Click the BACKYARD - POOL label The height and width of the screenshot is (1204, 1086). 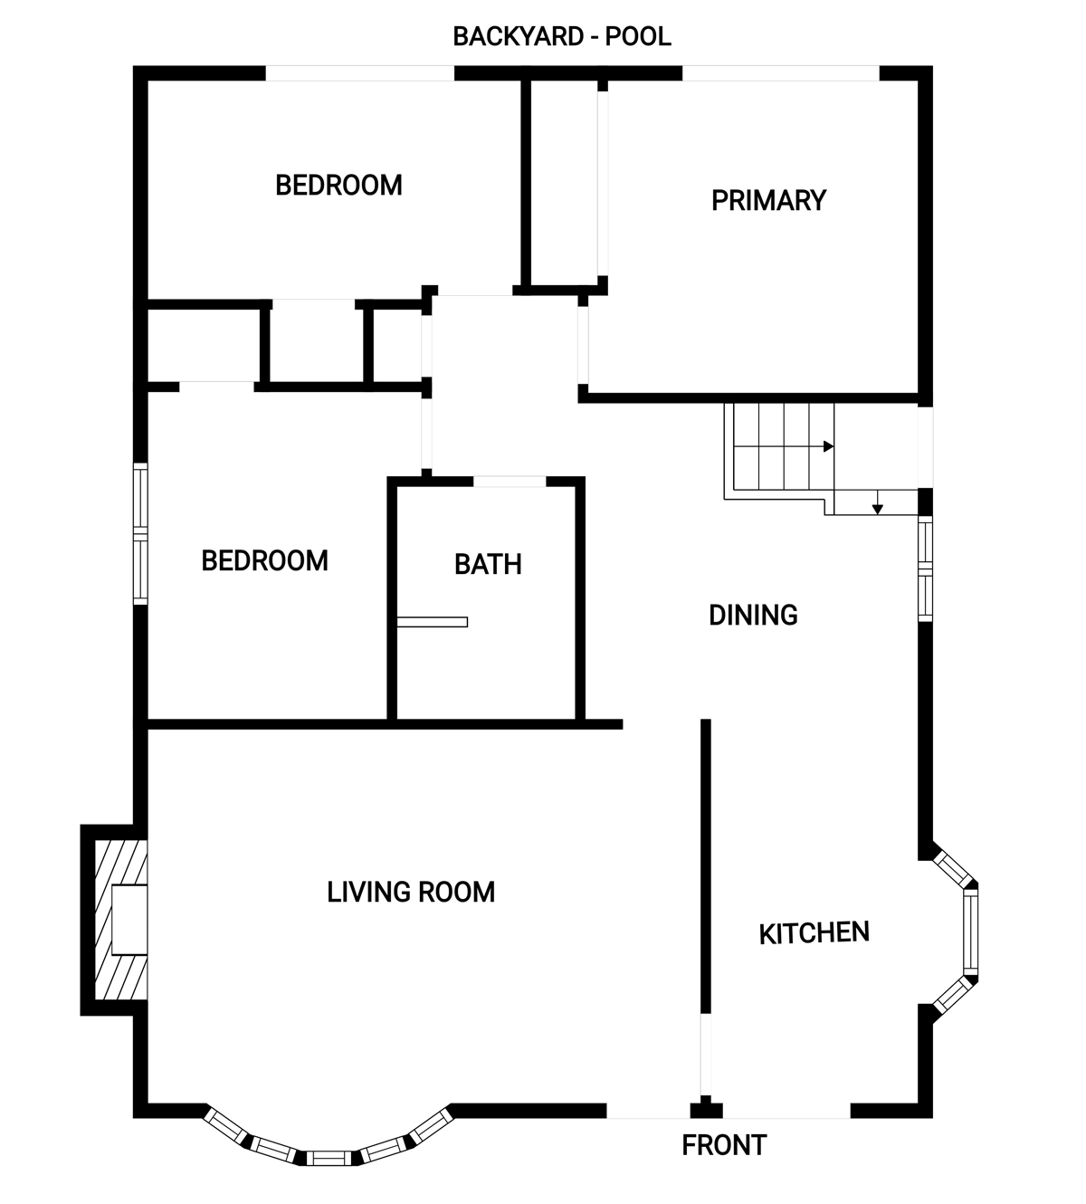coord(562,36)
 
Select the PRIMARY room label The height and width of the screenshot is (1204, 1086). coord(768,200)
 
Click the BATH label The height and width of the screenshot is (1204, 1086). coord(488,565)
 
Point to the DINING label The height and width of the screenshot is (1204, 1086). coord(753,616)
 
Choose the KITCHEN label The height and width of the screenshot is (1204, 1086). coord(814,933)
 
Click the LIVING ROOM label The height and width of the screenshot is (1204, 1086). coord(411,892)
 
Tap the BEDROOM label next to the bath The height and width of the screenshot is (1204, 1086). coord(264,561)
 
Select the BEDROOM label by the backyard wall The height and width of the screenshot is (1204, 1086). coord(339,186)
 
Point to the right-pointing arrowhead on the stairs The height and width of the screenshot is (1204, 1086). coord(828,446)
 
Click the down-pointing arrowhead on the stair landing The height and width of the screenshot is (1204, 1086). coord(877,510)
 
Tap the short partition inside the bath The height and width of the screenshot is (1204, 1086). coord(432,622)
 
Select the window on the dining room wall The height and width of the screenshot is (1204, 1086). coord(925,569)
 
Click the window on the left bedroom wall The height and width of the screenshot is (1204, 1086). coord(139,534)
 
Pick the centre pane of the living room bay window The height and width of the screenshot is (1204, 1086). coord(329,1158)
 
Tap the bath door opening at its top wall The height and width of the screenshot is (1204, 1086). coord(510,482)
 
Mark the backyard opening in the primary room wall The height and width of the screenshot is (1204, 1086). coord(781,73)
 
